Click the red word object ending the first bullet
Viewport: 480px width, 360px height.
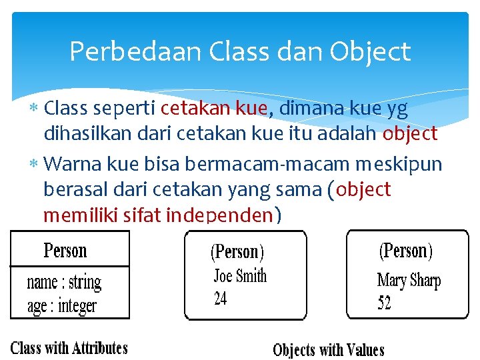click(x=409, y=133)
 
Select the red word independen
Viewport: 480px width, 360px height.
click(x=219, y=215)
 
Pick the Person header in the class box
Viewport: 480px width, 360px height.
click(x=65, y=251)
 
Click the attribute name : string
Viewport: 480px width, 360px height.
click(x=64, y=282)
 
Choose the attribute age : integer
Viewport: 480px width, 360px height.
click(x=61, y=306)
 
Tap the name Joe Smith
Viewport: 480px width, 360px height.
click(x=240, y=275)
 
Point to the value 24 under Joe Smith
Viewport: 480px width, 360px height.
click(x=220, y=299)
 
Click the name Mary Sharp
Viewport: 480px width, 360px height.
click(x=409, y=281)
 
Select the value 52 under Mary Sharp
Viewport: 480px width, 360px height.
click(x=384, y=303)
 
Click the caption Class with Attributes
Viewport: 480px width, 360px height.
click(x=69, y=347)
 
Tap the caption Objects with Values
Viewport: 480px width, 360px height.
click(x=329, y=349)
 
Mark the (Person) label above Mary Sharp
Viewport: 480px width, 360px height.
click(x=406, y=251)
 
